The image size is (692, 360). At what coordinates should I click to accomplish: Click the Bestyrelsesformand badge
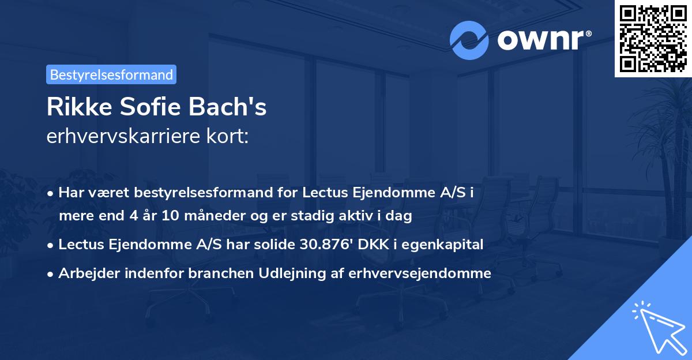tap(111, 74)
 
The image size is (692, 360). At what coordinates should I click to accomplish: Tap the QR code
tap(652, 38)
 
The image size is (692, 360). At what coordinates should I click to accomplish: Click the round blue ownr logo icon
tap(469, 40)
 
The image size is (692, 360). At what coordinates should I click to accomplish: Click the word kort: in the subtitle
tap(229, 136)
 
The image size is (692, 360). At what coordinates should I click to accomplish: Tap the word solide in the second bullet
tap(273, 245)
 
